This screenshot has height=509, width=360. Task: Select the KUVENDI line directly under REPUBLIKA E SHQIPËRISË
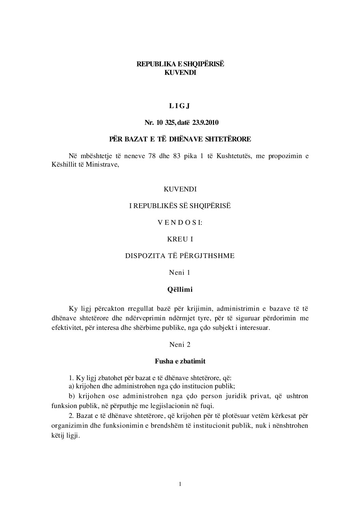[x=180, y=72]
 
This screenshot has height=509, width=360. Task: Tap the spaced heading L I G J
[x=180, y=106]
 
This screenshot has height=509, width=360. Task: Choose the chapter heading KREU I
[x=180, y=239]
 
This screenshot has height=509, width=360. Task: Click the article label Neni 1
[x=180, y=272]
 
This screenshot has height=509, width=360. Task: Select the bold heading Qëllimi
[x=180, y=290]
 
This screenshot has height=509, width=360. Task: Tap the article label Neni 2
[x=180, y=344]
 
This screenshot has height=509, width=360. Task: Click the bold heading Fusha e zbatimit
[x=180, y=361]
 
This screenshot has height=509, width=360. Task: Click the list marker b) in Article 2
[x=71, y=396]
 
